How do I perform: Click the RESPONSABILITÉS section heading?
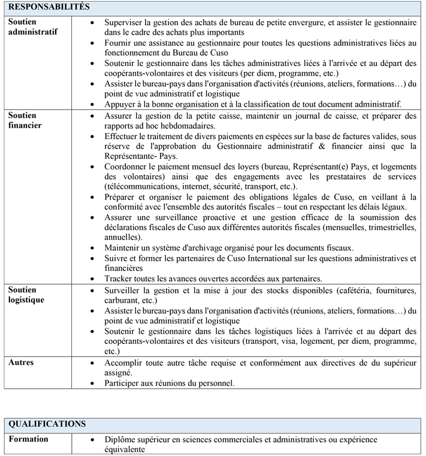pos(50,7)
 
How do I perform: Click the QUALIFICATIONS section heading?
pos(47,424)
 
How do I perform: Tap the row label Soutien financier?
pos(24,120)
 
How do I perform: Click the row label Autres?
pos(22,362)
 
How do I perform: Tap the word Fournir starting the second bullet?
pos(118,43)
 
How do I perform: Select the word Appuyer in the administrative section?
pos(120,104)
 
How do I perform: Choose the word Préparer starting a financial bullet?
pos(120,196)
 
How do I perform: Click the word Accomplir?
pos(124,363)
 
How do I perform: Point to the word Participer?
pos(123,383)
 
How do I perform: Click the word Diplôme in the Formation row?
pos(121,439)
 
